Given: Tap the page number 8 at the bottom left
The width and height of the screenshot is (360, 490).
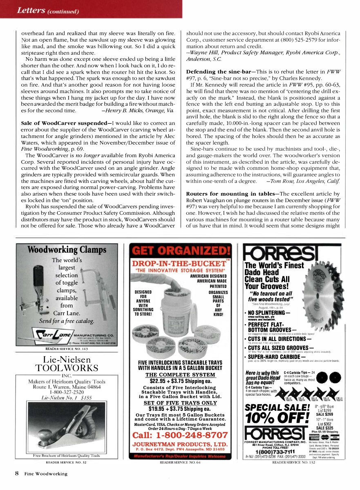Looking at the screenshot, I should pos(17,474).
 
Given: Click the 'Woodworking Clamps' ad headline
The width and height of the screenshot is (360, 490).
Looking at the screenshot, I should pos(67,250).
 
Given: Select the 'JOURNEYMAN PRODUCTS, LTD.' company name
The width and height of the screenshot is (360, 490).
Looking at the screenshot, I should pos(180,444).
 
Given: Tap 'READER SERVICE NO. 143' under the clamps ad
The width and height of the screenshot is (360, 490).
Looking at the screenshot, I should pos(67,348).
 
